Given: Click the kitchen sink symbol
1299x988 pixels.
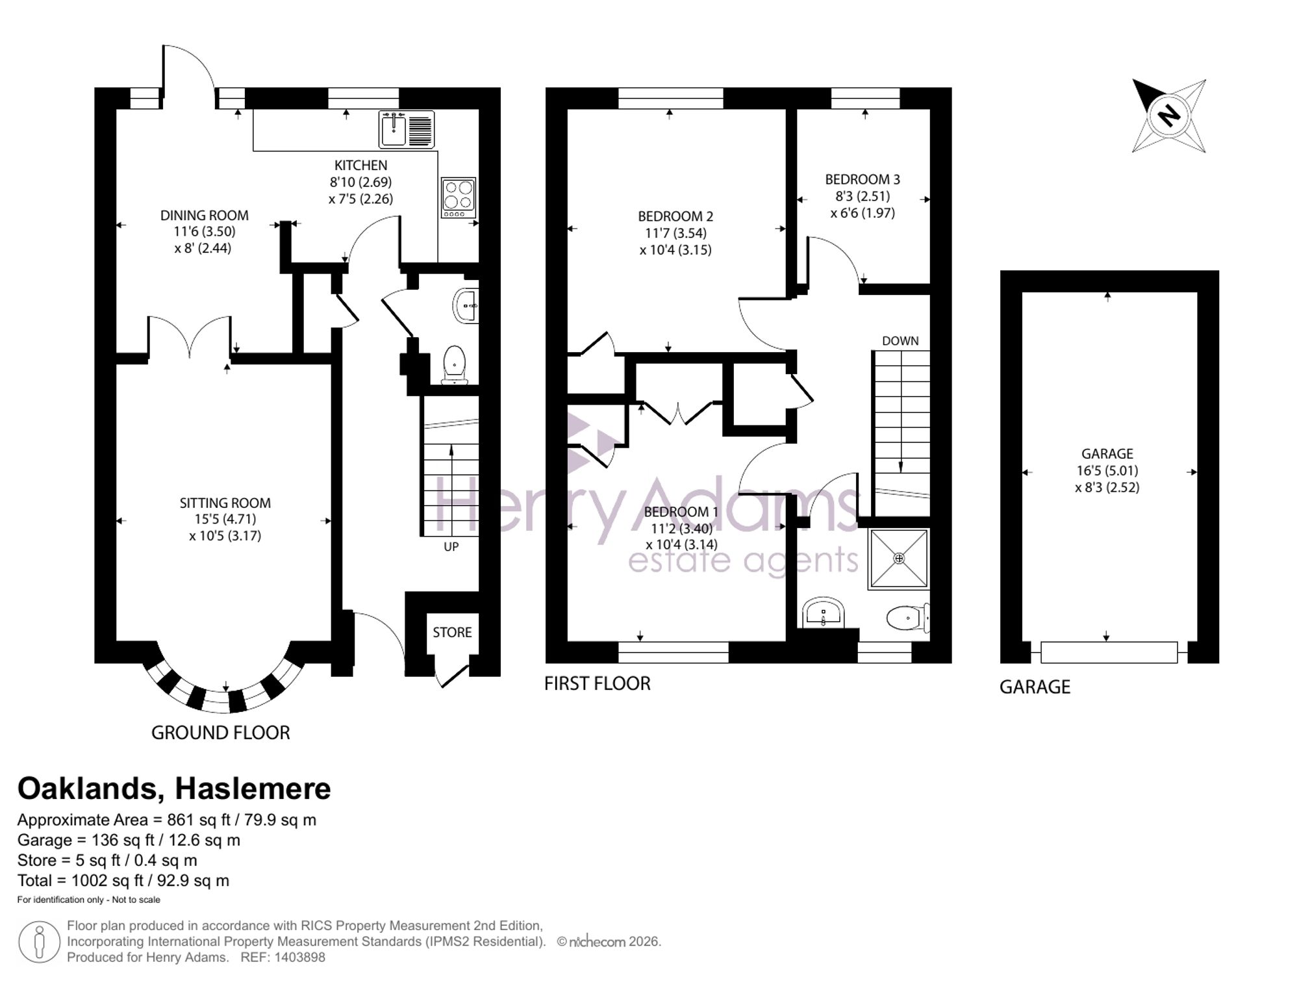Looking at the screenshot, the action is coord(407,129).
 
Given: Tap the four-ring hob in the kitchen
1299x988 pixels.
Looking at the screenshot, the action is coord(459,197).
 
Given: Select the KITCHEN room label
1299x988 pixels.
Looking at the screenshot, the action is coord(360,166).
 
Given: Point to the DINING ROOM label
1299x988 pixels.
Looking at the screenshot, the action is coord(205,215).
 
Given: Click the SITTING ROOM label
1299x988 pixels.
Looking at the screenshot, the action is coord(225,503).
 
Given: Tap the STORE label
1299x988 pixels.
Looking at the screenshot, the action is coord(453,632).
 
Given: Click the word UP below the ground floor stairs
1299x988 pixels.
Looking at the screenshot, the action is coord(451,547).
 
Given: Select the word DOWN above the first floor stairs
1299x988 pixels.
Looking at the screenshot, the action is coord(900,341).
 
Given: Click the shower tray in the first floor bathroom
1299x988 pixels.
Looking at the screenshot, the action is coord(899,559).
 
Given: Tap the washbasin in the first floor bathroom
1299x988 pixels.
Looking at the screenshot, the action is coord(824,613).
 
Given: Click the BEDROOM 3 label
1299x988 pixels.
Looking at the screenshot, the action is coord(863,179).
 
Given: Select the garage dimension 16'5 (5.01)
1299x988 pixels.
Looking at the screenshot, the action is coord(1107,471).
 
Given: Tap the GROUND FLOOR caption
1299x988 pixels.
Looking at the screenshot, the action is coord(221,733).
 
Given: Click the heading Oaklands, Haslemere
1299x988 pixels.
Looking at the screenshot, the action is coord(174,789).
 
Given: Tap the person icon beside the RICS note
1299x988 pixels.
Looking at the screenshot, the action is coord(40,942).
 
